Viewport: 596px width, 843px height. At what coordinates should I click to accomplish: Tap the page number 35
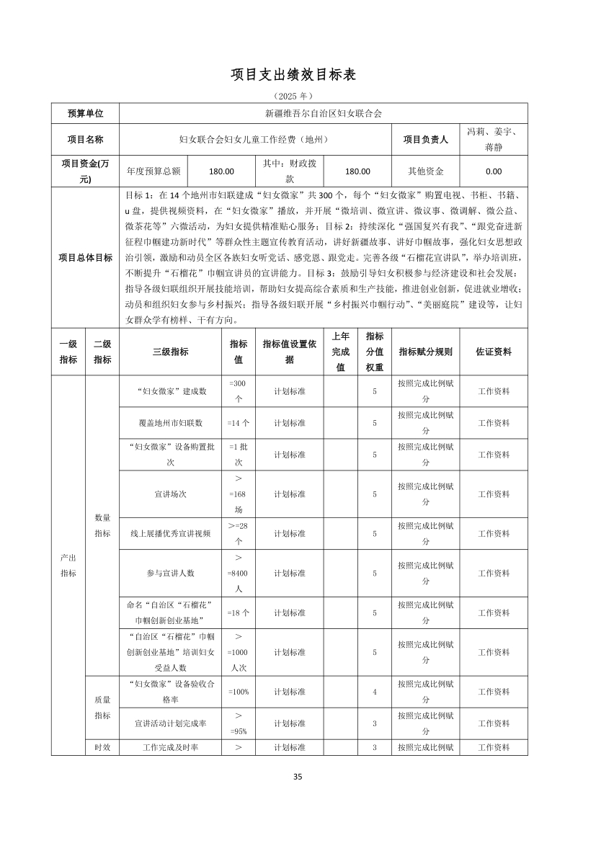298,776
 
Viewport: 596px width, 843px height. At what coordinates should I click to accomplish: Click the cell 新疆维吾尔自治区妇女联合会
323,113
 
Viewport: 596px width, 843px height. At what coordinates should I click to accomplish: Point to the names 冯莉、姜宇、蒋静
494,139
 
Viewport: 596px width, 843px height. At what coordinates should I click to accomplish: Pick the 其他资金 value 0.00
494,171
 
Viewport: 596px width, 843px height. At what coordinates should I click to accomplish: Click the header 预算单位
85,113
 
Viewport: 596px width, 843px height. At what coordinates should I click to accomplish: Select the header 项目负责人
425,139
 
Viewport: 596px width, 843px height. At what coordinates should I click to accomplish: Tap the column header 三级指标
171,352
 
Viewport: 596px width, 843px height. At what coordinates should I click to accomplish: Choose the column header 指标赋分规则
425,352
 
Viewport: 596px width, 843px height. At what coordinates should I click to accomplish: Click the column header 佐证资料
494,352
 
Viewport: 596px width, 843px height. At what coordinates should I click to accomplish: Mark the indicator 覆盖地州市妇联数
171,423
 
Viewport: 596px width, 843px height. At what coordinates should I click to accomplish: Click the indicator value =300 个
238,391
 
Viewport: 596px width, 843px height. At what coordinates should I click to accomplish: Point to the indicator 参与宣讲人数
171,573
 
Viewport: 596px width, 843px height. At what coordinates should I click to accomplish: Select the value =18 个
238,612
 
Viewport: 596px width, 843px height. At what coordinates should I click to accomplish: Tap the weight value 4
375,692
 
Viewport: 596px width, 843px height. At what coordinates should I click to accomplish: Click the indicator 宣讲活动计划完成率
171,723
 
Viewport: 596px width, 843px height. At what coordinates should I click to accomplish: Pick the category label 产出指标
68,566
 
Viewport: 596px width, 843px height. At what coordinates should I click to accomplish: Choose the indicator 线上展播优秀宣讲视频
171,534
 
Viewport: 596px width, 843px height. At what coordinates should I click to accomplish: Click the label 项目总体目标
85,258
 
